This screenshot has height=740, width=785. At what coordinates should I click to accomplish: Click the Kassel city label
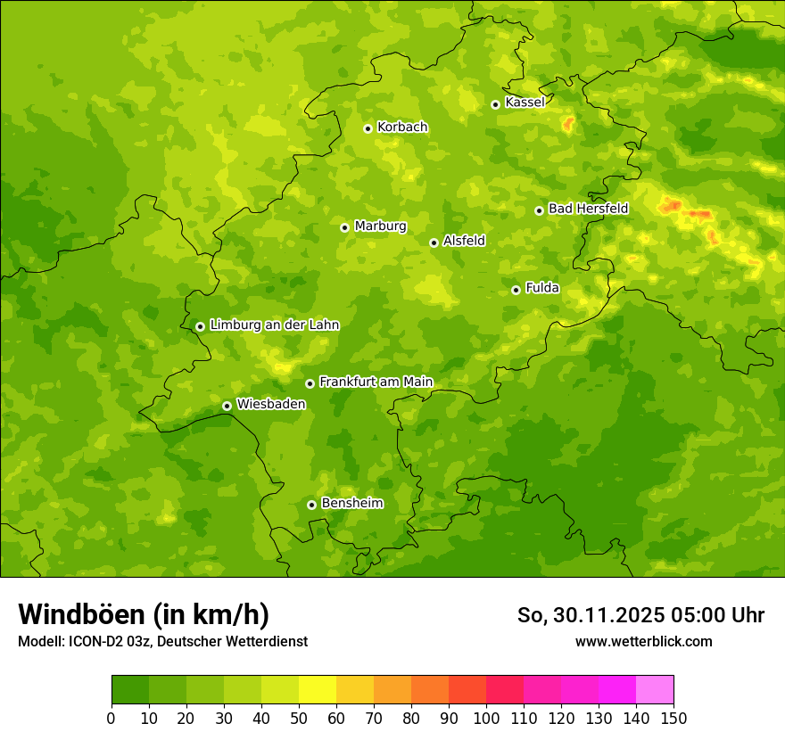[525, 103]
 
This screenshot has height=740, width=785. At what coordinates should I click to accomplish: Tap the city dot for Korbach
[368, 128]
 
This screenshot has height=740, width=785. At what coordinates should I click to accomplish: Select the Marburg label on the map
[380, 226]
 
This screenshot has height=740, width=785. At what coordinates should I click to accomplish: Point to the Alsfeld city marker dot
[434, 243]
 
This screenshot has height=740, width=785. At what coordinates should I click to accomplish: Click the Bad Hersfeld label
[588, 210]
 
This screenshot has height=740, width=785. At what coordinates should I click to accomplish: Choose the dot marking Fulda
[516, 290]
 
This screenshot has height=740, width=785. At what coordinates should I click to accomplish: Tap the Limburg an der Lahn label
[275, 325]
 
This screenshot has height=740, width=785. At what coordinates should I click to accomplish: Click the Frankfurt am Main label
[376, 382]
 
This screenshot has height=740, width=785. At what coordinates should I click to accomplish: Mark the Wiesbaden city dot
[227, 406]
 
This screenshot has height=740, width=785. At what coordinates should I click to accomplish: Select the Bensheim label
[351, 504]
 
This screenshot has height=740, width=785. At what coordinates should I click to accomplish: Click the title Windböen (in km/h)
[144, 614]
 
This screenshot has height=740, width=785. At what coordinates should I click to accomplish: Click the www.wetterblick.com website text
[643, 641]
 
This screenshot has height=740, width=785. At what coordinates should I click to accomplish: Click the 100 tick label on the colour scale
[486, 718]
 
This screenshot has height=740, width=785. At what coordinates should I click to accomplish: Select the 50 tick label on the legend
[299, 718]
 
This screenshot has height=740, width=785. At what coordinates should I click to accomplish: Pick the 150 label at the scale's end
[673, 718]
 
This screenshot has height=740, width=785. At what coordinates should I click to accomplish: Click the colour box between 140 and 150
[655, 690]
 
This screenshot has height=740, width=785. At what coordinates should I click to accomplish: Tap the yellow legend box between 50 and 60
[318, 690]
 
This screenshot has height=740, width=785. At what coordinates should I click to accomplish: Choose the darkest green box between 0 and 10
[130, 690]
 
